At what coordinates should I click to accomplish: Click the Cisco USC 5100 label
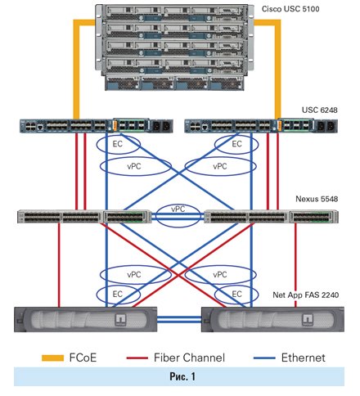point(290,9)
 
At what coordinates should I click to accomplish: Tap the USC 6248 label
point(319,110)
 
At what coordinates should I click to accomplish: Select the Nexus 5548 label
point(317,199)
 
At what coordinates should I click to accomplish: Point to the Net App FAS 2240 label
point(306,295)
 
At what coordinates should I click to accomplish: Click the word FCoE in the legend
point(83,358)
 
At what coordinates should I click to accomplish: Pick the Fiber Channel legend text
point(189,358)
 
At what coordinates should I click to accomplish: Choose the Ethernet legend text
point(304,358)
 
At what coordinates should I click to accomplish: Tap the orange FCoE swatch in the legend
point(52,358)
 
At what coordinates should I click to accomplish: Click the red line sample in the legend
point(137,358)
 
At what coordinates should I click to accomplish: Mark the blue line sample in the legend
point(264,358)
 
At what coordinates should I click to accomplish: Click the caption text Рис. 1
point(182,376)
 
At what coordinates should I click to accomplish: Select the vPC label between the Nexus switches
point(178,209)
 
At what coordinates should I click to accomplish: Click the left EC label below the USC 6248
point(118,144)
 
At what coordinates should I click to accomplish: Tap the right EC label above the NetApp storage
point(236,294)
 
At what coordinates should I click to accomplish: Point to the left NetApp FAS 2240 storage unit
point(86,319)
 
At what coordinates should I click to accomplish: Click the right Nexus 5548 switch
point(271,217)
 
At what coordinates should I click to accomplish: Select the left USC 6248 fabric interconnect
point(97,125)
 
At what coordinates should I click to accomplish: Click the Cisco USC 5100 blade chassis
point(174,47)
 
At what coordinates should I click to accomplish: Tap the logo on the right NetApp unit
point(308,320)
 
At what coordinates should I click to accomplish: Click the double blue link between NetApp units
point(179,319)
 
